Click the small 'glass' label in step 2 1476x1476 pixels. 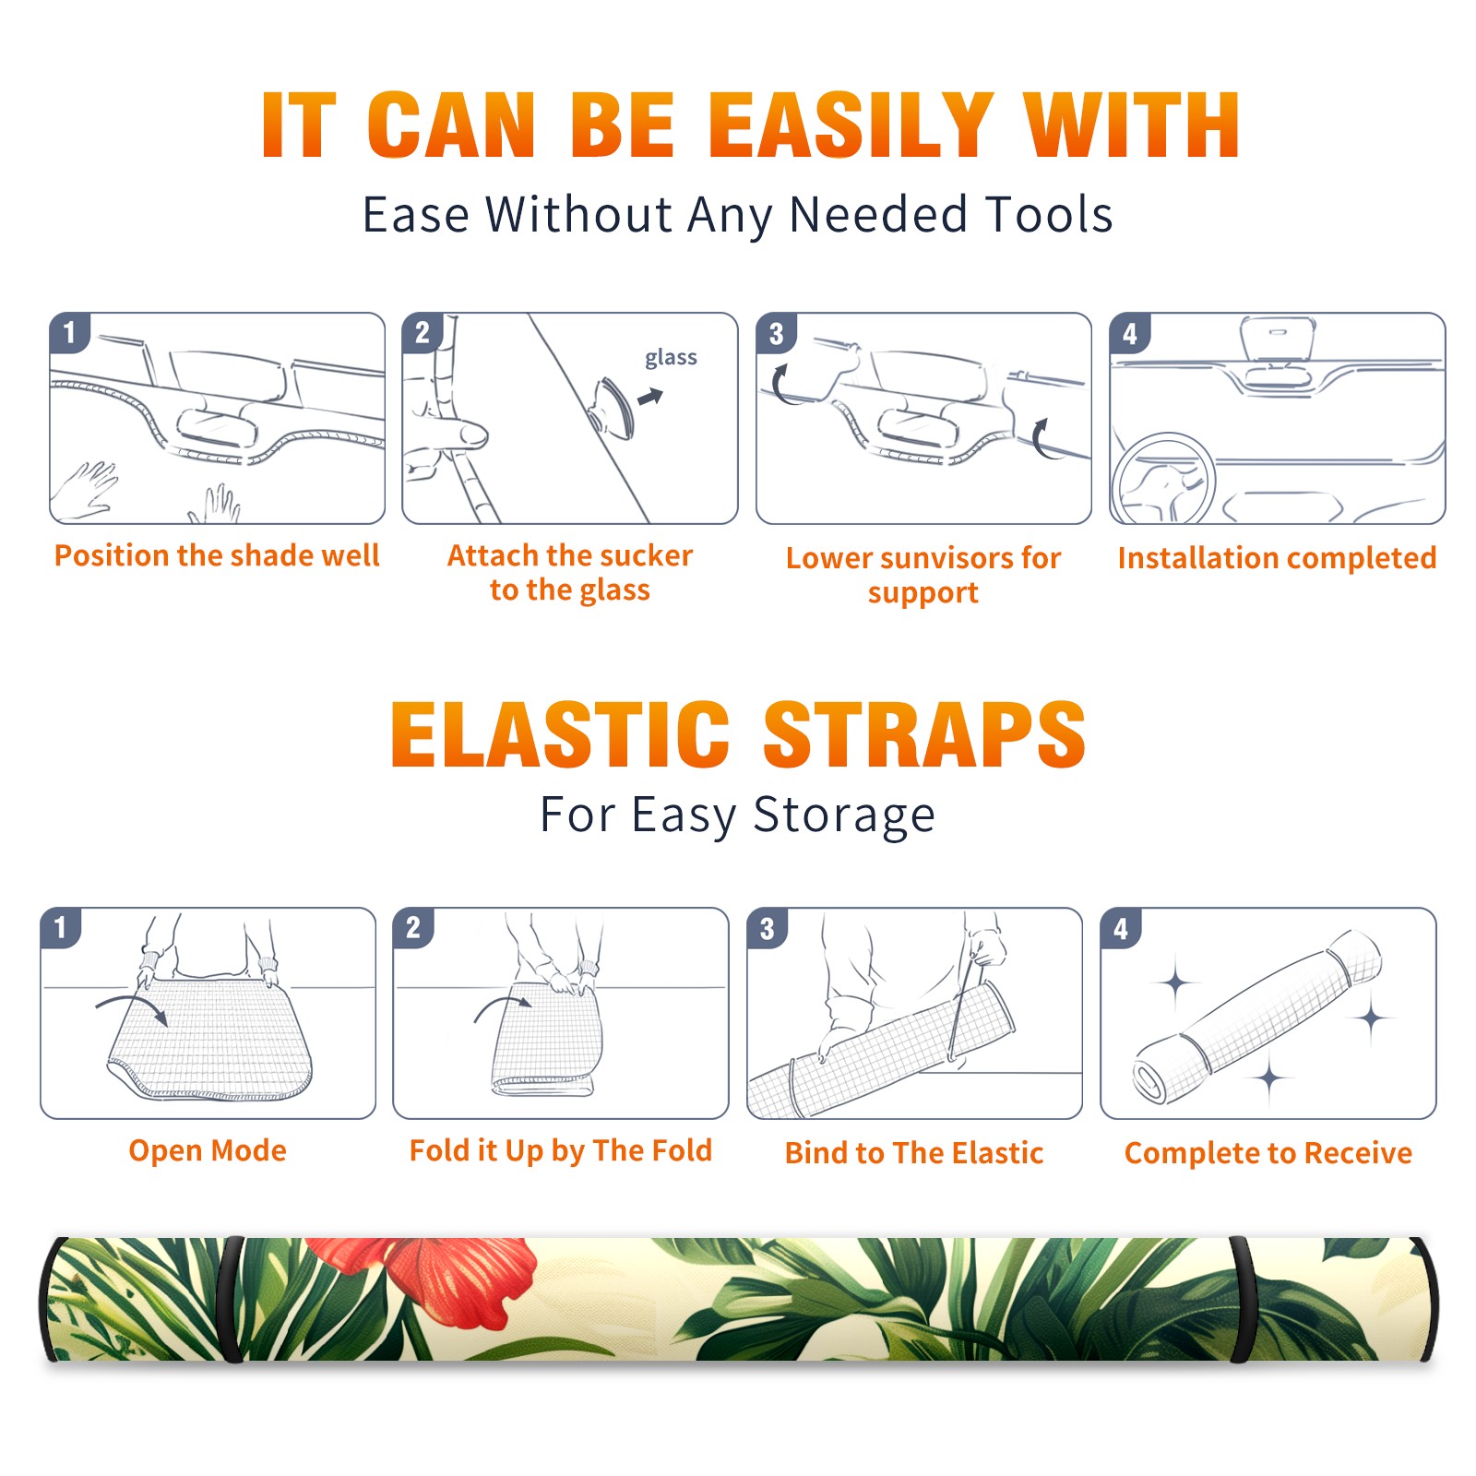[x=671, y=358]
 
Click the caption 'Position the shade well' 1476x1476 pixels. [x=217, y=555]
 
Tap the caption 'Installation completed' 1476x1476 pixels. [x=1277, y=557]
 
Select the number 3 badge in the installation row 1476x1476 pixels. [x=776, y=333]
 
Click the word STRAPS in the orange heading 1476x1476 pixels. [x=924, y=734]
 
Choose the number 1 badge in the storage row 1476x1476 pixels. [x=61, y=927]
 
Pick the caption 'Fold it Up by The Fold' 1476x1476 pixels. [x=561, y=1150]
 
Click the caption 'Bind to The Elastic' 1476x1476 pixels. [x=914, y=1152]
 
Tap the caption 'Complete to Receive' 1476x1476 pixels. [x=1268, y=1152]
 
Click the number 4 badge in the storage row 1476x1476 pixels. [x=1121, y=928]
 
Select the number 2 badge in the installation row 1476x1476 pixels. [x=423, y=332]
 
